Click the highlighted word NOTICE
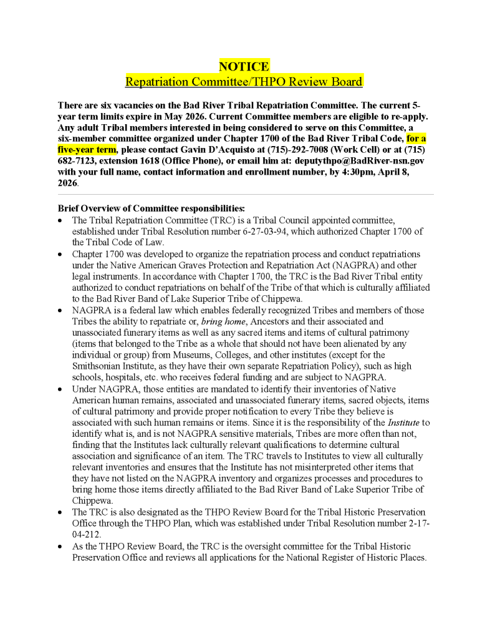point(244,67)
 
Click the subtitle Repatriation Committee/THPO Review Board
point(244,81)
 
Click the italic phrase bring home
point(223,322)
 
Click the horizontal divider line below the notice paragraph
point(245,194)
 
